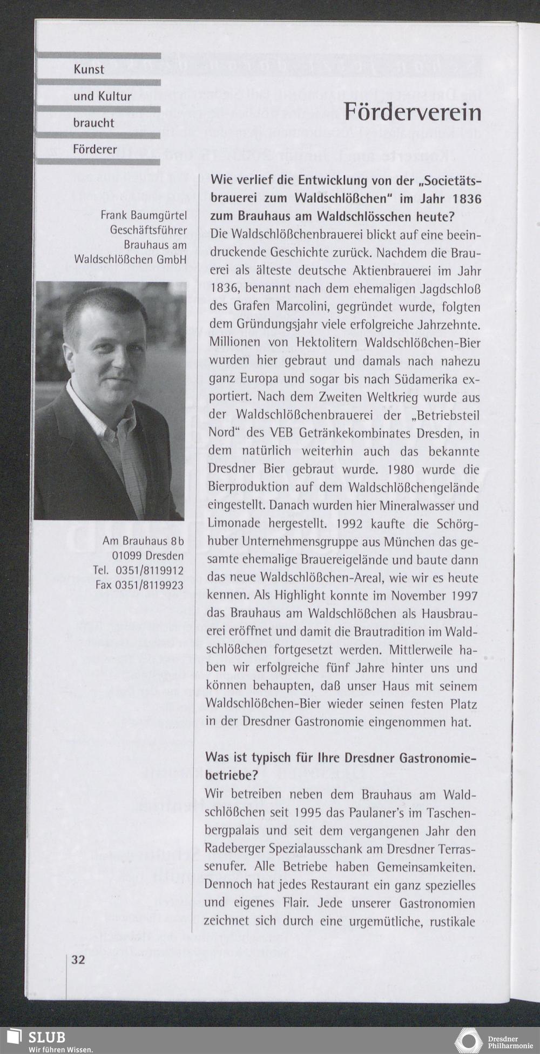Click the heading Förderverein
[x=413, y=112]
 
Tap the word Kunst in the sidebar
[x=89, y=70]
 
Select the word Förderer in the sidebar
[x=95, y=149]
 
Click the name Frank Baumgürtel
[x=144, y=216]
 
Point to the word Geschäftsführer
[x=148, y=230]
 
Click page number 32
[x=78, y=960]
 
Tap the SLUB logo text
[x=47, y=1037]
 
